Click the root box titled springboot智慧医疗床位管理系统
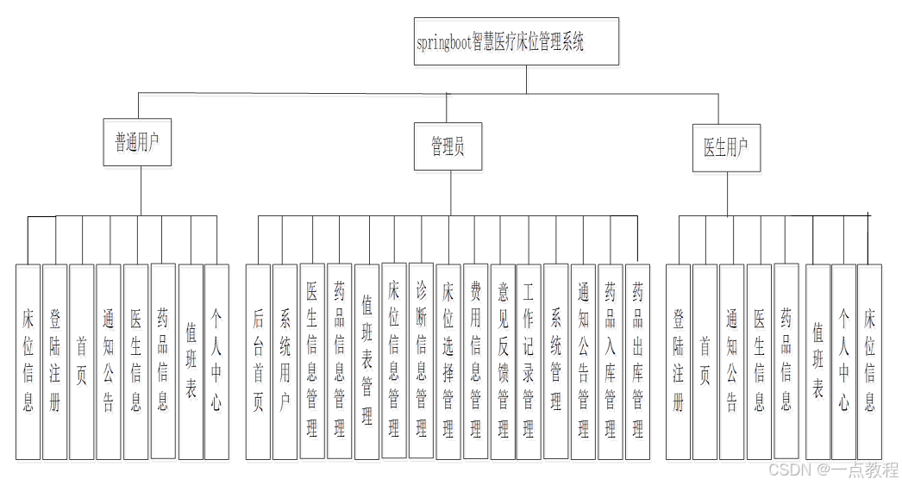coord(516,42)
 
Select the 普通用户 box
coord(137,142)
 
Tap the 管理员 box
coord(448,147)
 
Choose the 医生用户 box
coord(726,147)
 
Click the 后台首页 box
coord(258,362)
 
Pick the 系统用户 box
coord(285,362)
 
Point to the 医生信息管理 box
coord(312,362)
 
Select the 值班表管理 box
coord(366,362)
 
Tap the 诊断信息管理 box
coord(421,362)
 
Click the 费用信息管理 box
coord(475,362)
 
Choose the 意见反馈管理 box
coord(502,362)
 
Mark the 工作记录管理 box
coord(529,362)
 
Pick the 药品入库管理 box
coord(610,362)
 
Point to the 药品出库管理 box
coord(637,362)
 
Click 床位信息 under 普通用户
coord(28,362)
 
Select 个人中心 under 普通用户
coord(216,362)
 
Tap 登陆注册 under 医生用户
coord(679,362)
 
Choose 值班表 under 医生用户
coord(817,362)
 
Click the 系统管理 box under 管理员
coord(556,362)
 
